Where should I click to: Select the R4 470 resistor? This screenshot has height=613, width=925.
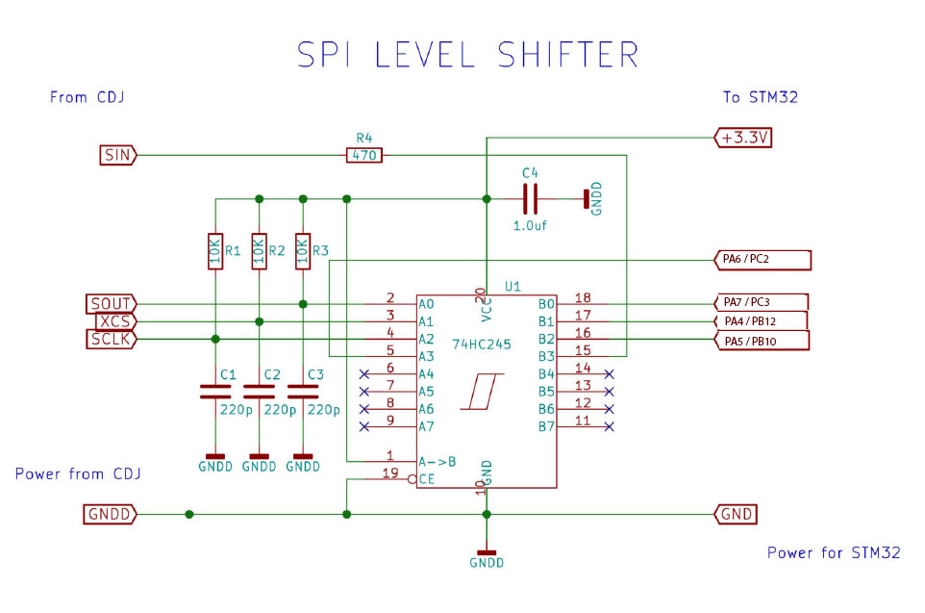pyautogui.click(x=363, y=154)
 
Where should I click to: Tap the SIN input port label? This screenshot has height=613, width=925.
pyautogui.click(x=118, y=154)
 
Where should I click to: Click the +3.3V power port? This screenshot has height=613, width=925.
pyautogui.click(x=744, y=138)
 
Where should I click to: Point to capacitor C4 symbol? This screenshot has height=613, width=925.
pyautogui.click(x=529, y=199)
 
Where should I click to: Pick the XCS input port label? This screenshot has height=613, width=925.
pyautogui.click(x=114, y=321)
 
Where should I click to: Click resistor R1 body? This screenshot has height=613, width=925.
pyautogui.click(x=214, y=252)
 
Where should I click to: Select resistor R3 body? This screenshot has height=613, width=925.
pyautogui.click(x=303, y=252)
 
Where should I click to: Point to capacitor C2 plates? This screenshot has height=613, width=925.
pyautogui.click(x=258, y=391)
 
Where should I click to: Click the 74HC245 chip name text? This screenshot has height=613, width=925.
pyautogui.click(x=481, y=342)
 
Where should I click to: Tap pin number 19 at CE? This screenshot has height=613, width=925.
pyautogui.click(x=390, y=472)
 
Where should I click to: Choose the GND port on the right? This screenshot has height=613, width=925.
pyautogui.click(x=736, y=515)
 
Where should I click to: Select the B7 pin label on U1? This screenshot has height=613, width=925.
pyautogui.click(x=546, y=426)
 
